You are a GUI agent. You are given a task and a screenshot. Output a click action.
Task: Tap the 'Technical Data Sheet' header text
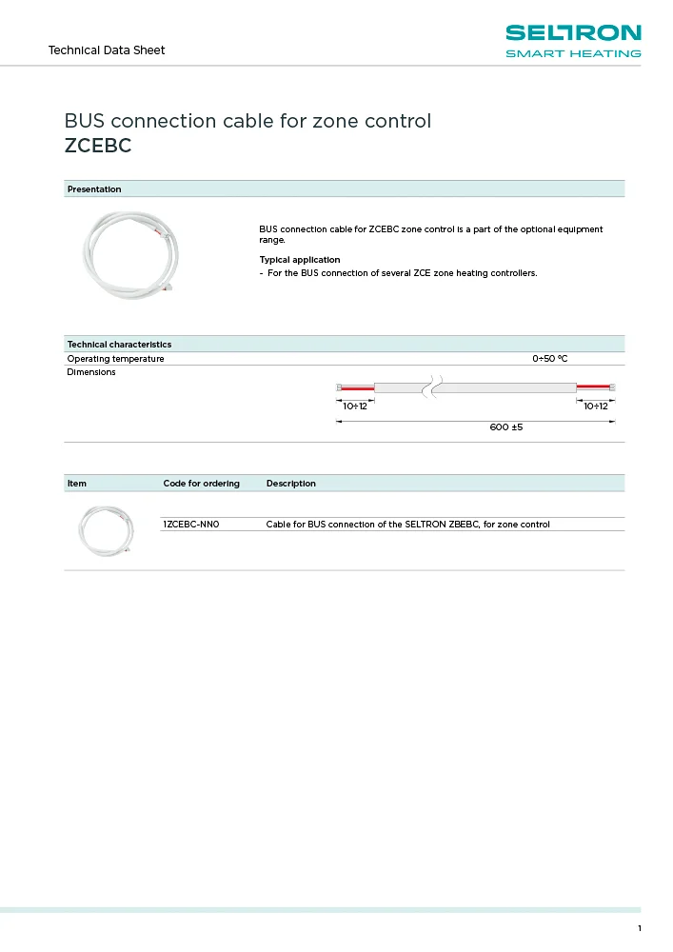coord(107,50)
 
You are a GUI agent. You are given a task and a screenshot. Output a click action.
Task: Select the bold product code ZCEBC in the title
coord(97,147)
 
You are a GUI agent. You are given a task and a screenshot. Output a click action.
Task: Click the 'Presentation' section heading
coord(94,189)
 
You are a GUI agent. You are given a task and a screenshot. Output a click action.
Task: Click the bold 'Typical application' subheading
coord(299,260)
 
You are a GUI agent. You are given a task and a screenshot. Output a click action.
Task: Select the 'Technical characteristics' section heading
coord(119,344)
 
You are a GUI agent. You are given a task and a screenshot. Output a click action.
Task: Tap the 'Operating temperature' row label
coord(115,359)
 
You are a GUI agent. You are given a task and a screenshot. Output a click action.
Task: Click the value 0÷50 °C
coord(549,359)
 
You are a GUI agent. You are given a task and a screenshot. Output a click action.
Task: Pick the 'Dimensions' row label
coord(91,372)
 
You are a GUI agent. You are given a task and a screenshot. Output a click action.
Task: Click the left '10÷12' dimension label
coord(355,407)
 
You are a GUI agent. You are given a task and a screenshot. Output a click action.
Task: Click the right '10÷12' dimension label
coord(596,407)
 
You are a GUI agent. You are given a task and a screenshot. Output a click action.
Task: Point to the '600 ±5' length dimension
coord(506,427)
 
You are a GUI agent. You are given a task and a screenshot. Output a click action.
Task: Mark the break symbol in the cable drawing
coord(434,387)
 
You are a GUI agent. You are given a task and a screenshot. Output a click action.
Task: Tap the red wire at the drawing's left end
coord(358,387)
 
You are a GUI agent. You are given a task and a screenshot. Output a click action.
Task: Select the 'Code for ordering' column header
coord(202,484)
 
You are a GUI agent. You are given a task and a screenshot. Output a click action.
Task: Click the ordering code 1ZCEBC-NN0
coord(191,525)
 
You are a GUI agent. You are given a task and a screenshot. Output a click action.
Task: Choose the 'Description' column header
coord(291,484)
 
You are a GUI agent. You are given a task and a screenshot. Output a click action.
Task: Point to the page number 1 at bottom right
coord(640,929)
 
